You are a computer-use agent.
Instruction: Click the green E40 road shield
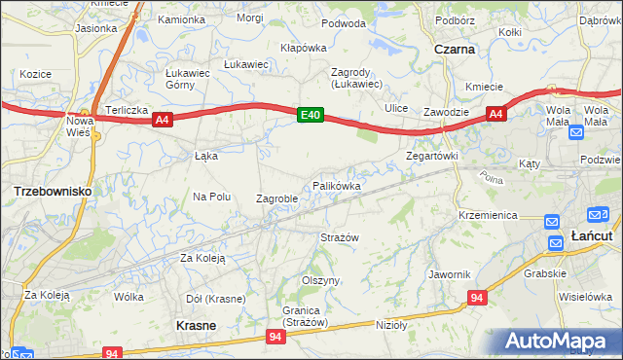(310, 116)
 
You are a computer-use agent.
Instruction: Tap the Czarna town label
(455, 48)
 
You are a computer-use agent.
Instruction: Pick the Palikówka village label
(337, 186)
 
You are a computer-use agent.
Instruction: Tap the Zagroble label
(275, 198)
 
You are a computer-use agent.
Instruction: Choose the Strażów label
(341, 237)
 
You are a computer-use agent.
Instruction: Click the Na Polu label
(211, 197)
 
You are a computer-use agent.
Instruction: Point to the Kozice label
(34, 74)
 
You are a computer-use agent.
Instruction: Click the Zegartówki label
(431, 156)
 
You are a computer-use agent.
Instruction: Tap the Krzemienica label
(487, 214)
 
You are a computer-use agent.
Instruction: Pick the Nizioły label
(390, 325)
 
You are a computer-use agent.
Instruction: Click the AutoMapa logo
(562, 342)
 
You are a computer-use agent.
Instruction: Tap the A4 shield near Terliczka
(162, 120)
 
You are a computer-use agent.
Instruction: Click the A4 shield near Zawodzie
(495, 115)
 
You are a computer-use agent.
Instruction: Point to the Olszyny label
(320, 280)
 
